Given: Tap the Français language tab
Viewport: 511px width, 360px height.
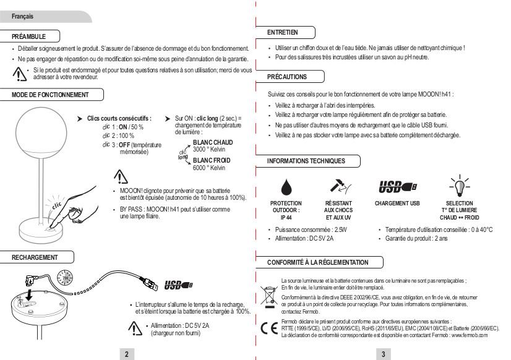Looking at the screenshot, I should click(x=22, y=16).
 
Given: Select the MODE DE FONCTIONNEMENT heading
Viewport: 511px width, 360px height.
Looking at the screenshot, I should click(x=50, y=95).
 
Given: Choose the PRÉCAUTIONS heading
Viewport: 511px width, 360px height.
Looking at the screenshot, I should click(x=286, y=77).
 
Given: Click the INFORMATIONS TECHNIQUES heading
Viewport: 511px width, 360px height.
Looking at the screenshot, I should click(x=306, y=161).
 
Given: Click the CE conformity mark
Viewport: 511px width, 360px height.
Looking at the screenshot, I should click(x=267, y=328).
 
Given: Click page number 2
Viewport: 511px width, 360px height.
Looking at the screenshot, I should click(x=127, y=353).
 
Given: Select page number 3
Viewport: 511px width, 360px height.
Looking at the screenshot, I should click(x=384, y=353).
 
